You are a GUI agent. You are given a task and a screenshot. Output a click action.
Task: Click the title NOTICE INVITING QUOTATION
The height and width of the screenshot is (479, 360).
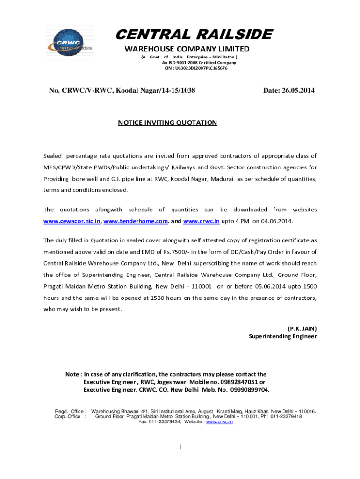(x=167, y=123)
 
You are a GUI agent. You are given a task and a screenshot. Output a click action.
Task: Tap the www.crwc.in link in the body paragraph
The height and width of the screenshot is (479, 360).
(x=202, y=221)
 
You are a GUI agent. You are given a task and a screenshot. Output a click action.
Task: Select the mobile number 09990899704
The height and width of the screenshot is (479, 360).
(x=249, y=390)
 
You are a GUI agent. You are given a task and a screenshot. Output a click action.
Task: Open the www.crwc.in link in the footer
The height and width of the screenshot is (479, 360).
(x=219, y=422)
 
